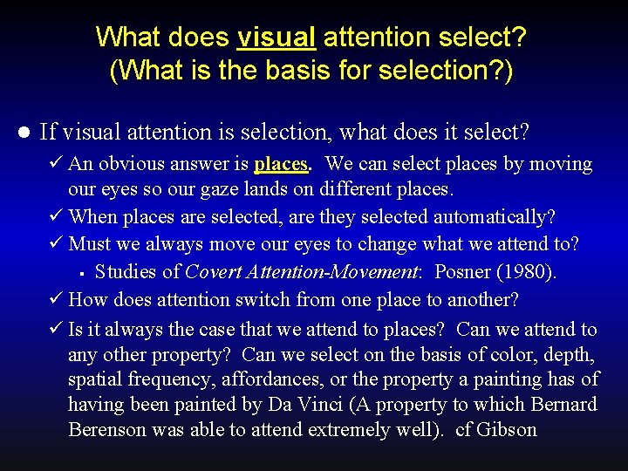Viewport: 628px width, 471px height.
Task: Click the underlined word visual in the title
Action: pyautogui.click(x=276, y=38)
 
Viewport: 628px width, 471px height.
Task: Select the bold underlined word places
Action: pyautogui.click(x=282, y=164)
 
